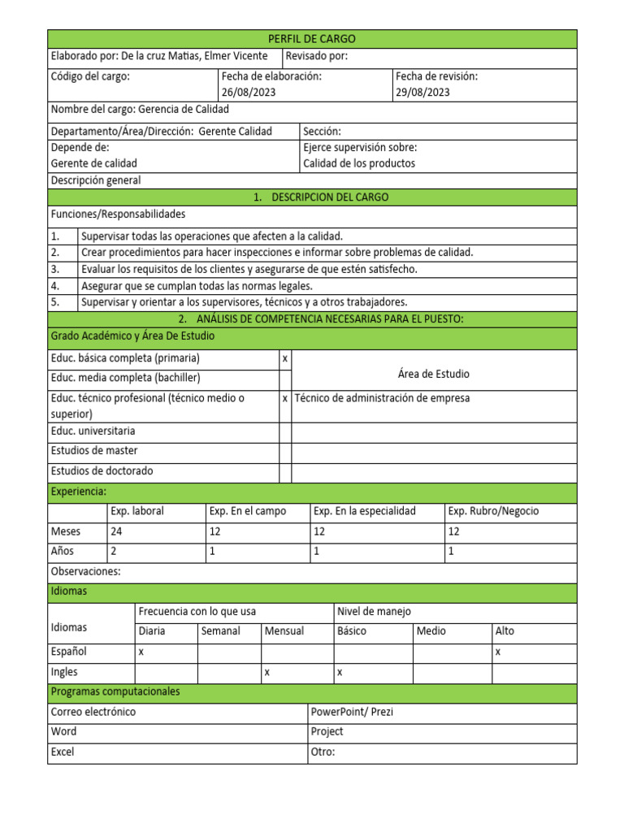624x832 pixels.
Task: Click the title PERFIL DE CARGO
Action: pyautogui.click(x=312, y=39)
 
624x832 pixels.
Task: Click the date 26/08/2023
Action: pyautogui.click(x=248, y=92)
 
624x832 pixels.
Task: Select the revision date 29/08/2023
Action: pyautogui.click(x=422, y=92)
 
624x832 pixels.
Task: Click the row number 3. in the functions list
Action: pyautogui.click(x=55, y=269)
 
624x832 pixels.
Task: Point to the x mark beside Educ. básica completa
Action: pyautogui.click(x=284, y=358)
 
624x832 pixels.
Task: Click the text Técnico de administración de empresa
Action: pyautogui.click(x=382, y=398)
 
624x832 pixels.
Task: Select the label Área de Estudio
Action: pyautogui.click(x=433, y=374)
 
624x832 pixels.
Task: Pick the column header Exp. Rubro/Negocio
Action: pyautogui.click(x=493, y=511)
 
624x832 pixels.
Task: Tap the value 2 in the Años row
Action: pyautogui.click(x=114, y=552)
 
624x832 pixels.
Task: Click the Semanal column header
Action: pyautogui.click(x=220, y=631)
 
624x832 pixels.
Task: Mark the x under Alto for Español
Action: pyautogui.click(x=498, y=652)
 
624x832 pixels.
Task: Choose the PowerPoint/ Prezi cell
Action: pyautogui.click(x=352, y=712)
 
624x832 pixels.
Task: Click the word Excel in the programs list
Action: pyautogui.click(x=63, y=752)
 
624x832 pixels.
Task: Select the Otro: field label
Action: pyautogui.click(x=323, y=752)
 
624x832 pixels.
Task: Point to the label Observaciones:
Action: pyautogui.click(x=85, y=572)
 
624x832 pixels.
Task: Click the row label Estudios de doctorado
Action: pyautogui.click(x=102, y=471)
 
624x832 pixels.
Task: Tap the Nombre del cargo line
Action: pyautogui.click(x=140, y=110)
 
